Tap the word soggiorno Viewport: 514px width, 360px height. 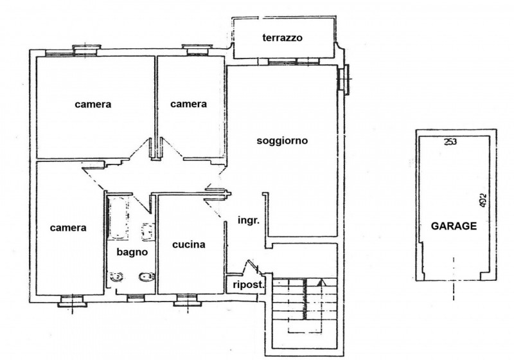click(282, 141)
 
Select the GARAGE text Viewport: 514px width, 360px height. click(453, 226)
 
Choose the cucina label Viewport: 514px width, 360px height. click(189, 244)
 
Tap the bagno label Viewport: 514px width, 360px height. click(132, 252)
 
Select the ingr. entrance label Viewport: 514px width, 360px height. click(248, 221)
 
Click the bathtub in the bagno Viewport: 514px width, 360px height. click(118, 217)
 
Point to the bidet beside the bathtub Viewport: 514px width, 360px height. click(147, 231)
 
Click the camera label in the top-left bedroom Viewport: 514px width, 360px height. click(93, 104)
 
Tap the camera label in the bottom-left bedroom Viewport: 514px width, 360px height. click(68, 227)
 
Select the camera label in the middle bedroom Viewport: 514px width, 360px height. click(189, 104)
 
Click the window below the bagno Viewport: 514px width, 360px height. click(135, 297)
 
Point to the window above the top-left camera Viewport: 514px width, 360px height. click(85, 50)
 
